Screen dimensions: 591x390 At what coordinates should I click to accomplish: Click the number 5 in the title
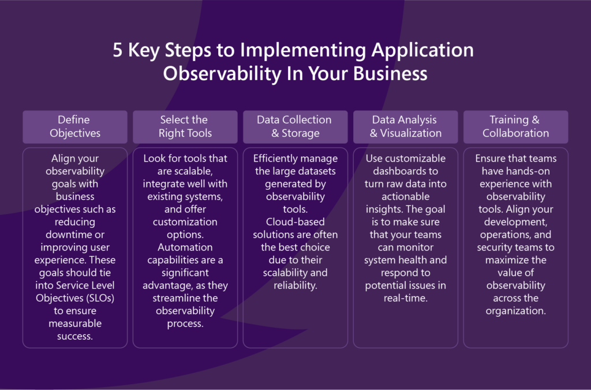(x=118, y=50)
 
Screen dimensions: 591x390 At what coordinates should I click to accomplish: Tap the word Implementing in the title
(x=302, y=51)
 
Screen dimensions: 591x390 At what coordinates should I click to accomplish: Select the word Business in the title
(x=390, y=73)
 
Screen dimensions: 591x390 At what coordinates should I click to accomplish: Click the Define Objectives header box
(x=75, y=126)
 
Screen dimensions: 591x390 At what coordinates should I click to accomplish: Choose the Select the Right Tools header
(x=185, y=126)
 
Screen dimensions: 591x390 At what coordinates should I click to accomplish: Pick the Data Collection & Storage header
(x=295, y=126)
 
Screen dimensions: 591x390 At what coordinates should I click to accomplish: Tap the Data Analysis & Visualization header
(x=406, y=126)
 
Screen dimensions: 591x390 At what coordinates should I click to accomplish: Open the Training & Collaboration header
(x=515, y=126)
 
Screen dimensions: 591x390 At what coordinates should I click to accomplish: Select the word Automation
(x=185, y=247)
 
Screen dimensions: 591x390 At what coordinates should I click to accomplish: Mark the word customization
(x=185, y=222)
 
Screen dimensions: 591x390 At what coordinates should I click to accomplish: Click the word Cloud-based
(x=295, y=222)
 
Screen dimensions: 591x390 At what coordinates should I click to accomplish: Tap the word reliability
(x=295, y=285)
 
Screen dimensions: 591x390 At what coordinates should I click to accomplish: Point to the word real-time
(x=406, y=298)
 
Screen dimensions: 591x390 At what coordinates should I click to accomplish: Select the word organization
(x=515, y=311)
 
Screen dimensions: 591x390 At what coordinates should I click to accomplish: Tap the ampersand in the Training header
(x=535, y=120)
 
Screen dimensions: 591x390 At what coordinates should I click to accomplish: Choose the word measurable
(x=75, y=323)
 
